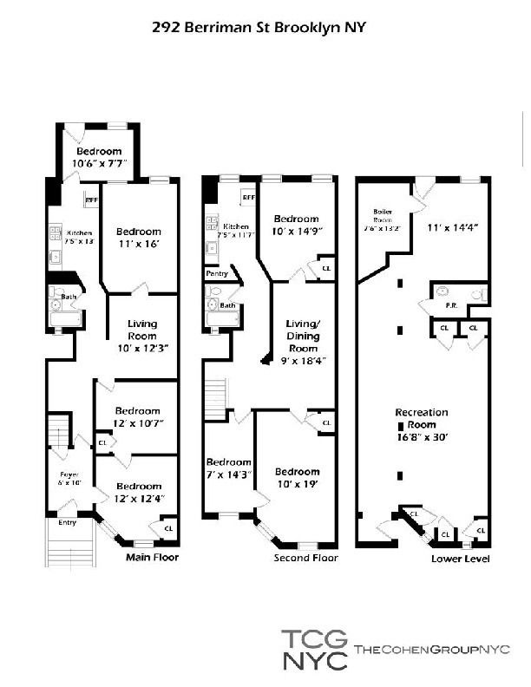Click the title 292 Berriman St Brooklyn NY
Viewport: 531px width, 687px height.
pyautogui.click(x=259, y=28)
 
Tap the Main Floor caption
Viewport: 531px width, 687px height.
pyautogui.click(x=152, y=557)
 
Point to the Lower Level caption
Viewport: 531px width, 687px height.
pyautogui.click(x=460, y=559)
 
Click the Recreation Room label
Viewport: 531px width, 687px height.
pyautogui.click(x=422, y=418)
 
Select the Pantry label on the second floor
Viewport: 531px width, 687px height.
pyautogui.click(x=216, y=273)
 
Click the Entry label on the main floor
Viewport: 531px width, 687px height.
pyautogui.click(x=67, y=522)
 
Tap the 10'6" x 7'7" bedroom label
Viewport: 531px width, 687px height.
pyautogui.click(x=97, y=156)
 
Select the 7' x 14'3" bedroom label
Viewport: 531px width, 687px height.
pyautogui.click(x=228, y=468)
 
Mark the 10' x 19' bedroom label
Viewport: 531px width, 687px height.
pyautogui.click(x=298, y=478)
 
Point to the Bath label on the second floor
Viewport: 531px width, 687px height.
pyautogui.click(x=227, y=305)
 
